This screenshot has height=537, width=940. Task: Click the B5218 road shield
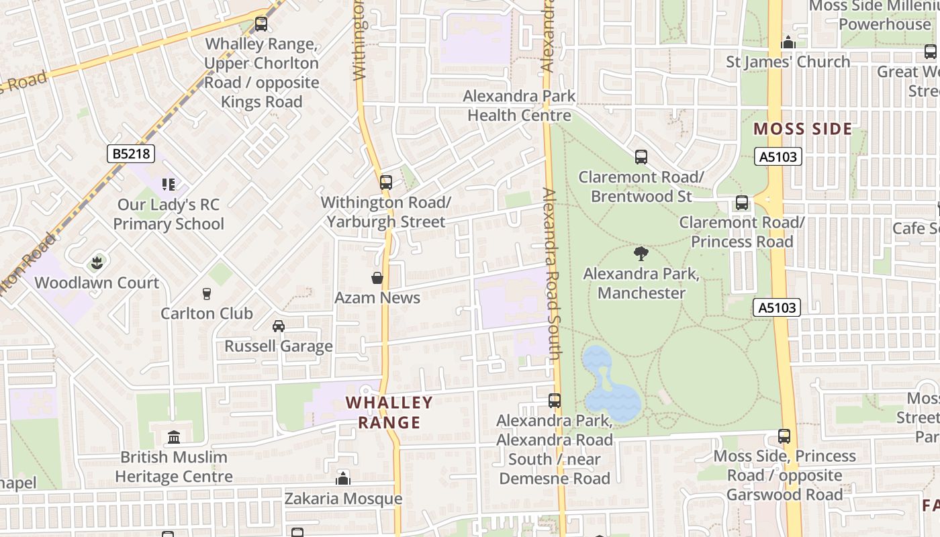[x=131, y=154]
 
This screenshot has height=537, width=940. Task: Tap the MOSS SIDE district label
[x=802, y=129]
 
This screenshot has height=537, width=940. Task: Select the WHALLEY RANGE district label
[x=389, y=412]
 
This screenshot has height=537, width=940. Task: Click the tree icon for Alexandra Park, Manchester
[x=641, y=254]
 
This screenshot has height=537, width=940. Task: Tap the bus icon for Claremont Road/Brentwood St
[x=641, y=157]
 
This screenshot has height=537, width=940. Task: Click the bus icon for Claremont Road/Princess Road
[x=742, y=203]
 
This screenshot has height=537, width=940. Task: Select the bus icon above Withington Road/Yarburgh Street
[x=386, y=182]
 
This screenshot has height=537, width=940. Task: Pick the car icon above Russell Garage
[x=278, y=326]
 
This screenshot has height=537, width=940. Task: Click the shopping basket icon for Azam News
[x=377, y=278]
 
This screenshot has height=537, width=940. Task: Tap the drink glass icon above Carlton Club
[x=207, y=293]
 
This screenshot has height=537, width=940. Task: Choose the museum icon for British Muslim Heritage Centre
[x=174, y=437]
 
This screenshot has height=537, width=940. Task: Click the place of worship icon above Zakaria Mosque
[x=343, y=478]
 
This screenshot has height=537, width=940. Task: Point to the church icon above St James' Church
[x=788, y=42]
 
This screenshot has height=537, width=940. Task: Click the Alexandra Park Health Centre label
[x=519, y=105]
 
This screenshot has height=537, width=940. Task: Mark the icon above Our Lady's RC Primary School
[x=168, y=184]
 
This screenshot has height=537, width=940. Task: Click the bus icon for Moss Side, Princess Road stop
[x=784, y=436]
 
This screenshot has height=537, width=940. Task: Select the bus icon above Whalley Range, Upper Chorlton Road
[x=261, y=24]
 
